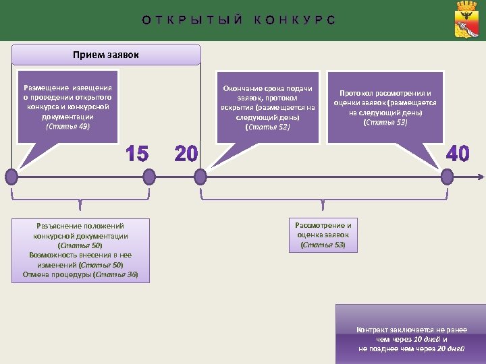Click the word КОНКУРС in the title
point(294,20)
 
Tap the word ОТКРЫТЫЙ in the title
point(192,20)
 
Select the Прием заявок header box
point(106,55)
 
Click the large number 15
point(137,154)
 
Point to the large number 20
point(186,154)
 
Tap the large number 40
point(458,154)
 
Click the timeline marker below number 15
point(148,177)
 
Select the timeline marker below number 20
point(200,177)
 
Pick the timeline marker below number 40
point(447,177)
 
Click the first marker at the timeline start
point(11,177)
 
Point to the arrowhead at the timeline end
point(481,177)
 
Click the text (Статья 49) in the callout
point(67,126)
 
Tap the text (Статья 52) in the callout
point(267,127)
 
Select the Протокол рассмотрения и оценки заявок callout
point(385,107)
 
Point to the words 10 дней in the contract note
point(427,339)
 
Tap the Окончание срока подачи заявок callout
point(267,107)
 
